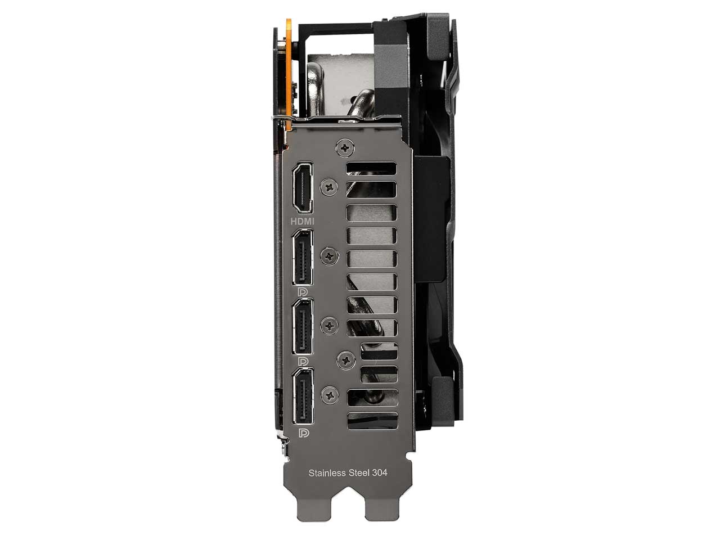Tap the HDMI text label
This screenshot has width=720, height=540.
tap(303, 221)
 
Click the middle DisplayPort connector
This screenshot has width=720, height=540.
tap(303, 326)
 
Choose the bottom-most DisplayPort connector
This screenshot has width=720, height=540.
tap(303, 398)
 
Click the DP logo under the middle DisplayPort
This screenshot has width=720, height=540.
tap(303, 360)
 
